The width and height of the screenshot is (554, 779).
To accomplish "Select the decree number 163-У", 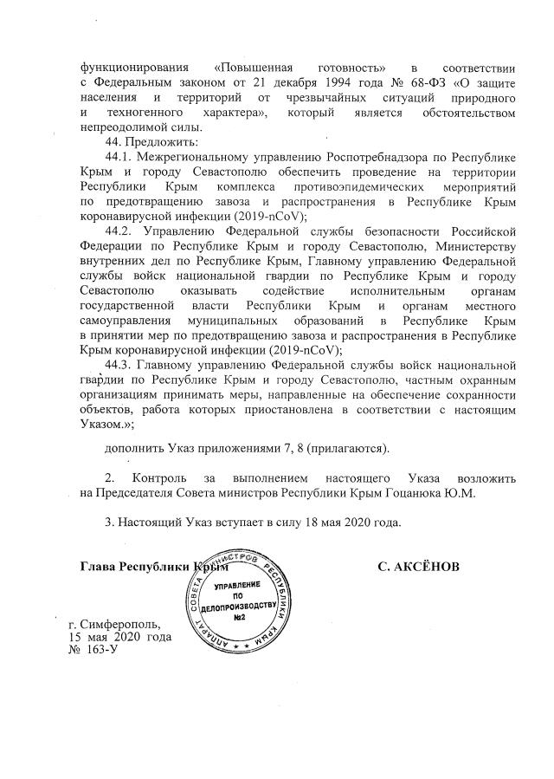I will (99, 651).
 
